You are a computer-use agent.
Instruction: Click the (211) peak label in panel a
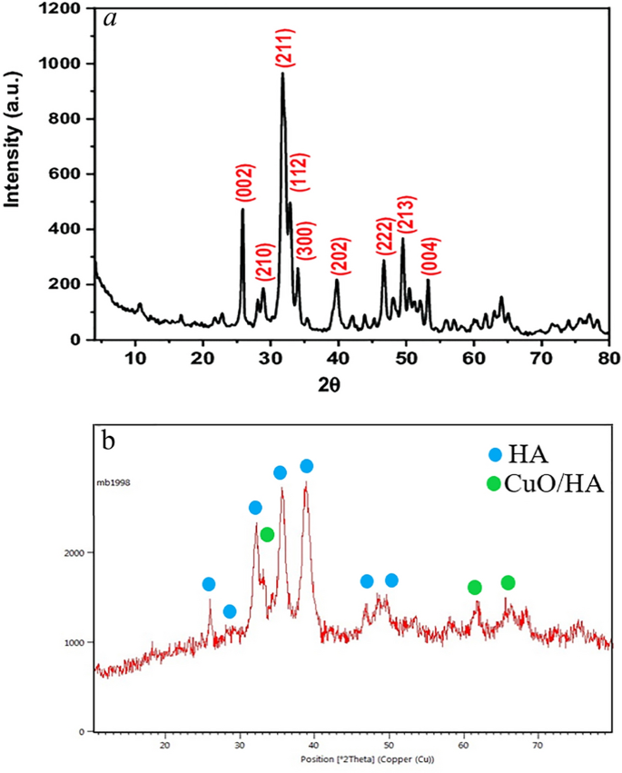click(283, 46)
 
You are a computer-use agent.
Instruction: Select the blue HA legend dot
click(494, 452)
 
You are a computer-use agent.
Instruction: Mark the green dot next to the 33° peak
click(267, 535)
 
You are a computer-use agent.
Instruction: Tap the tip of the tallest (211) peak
click(282, 74)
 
